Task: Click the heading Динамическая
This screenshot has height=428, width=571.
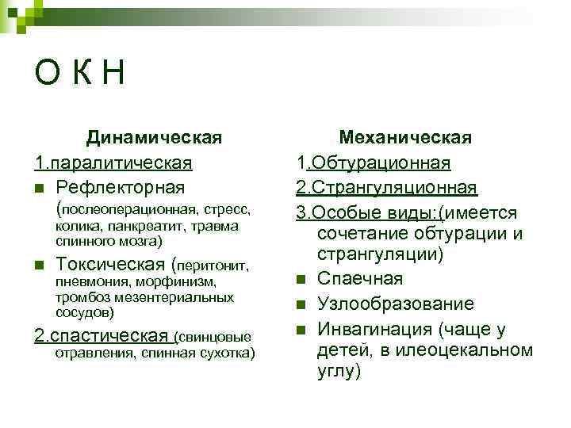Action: (x=154, y=138)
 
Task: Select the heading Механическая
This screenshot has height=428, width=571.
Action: (x=405, y=138)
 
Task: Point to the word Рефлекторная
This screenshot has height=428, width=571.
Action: (x=121, y=187)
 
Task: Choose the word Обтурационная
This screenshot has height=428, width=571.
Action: (x=380, y=162)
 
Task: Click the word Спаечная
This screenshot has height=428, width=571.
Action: (x=360, y=278)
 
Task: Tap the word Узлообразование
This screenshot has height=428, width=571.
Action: (x=396, y=304)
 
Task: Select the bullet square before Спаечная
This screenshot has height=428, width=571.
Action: (x=301, y=279)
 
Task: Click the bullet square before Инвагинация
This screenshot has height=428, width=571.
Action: (x=301, y=329)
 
